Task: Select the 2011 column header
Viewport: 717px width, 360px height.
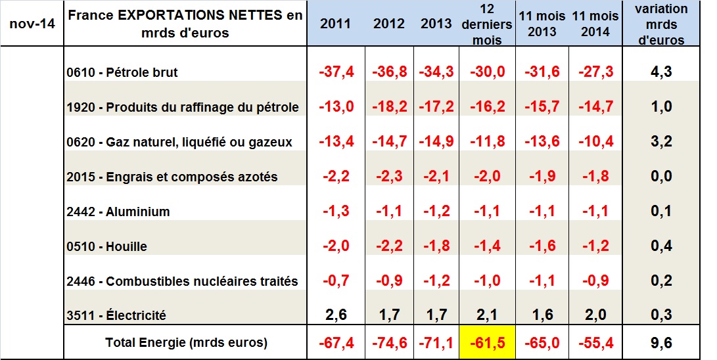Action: coord(335,24)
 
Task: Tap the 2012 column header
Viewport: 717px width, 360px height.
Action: coord(389,24)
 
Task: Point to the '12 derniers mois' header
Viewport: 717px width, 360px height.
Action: coord(486,24)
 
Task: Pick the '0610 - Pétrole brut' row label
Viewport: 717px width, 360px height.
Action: coord(122,72)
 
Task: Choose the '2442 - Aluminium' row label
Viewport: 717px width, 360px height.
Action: coord(118,212)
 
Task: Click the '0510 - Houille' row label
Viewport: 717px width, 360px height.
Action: coord(106,246)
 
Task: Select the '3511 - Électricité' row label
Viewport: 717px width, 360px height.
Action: coord(116,316)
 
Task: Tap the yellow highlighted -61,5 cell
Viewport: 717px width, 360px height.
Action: coord(487,343)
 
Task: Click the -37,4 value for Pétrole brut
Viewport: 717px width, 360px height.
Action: coord(336,72)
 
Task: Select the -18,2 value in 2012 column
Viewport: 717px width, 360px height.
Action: coord(389,106)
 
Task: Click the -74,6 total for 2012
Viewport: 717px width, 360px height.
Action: coord(389,343)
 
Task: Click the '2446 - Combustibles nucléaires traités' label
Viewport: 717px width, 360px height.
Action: coord(182,281)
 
